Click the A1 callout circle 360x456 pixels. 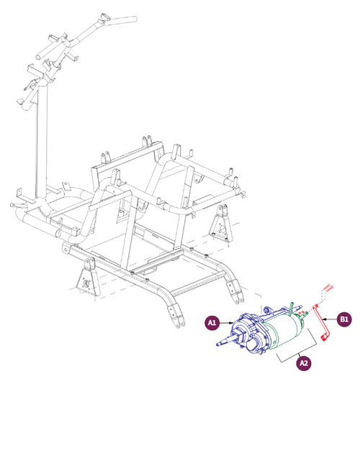point(212,324)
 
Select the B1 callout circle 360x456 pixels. point(344,318)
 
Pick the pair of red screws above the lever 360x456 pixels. point(325,288)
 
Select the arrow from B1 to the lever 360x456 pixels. point(330,318)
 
